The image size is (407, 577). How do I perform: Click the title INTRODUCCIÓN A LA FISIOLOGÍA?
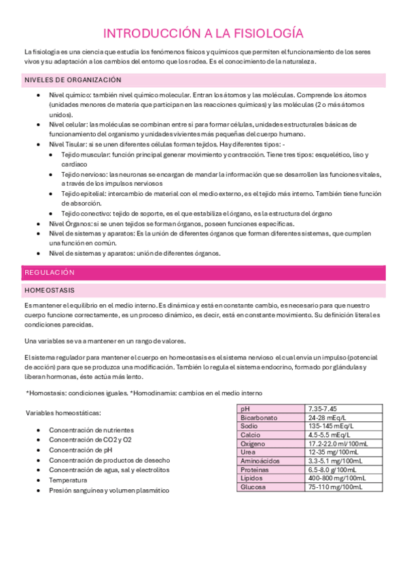tap(203, 33)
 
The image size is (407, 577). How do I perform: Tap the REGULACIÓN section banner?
tap(50, 272)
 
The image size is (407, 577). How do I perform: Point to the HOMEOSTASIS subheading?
tap(52, 291)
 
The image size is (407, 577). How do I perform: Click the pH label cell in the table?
tap(245, 408)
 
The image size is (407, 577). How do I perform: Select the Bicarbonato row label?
tap(258, 417)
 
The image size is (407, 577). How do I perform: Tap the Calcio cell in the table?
tap(249, 435)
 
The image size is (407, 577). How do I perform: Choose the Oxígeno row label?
tap(253, 444)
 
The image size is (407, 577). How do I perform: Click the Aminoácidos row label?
tap(259, 461)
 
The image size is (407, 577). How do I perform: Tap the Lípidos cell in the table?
tap(251, 478)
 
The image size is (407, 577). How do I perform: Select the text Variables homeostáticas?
tap(63, 412)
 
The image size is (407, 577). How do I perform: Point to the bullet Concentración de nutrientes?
tap(91, 430)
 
